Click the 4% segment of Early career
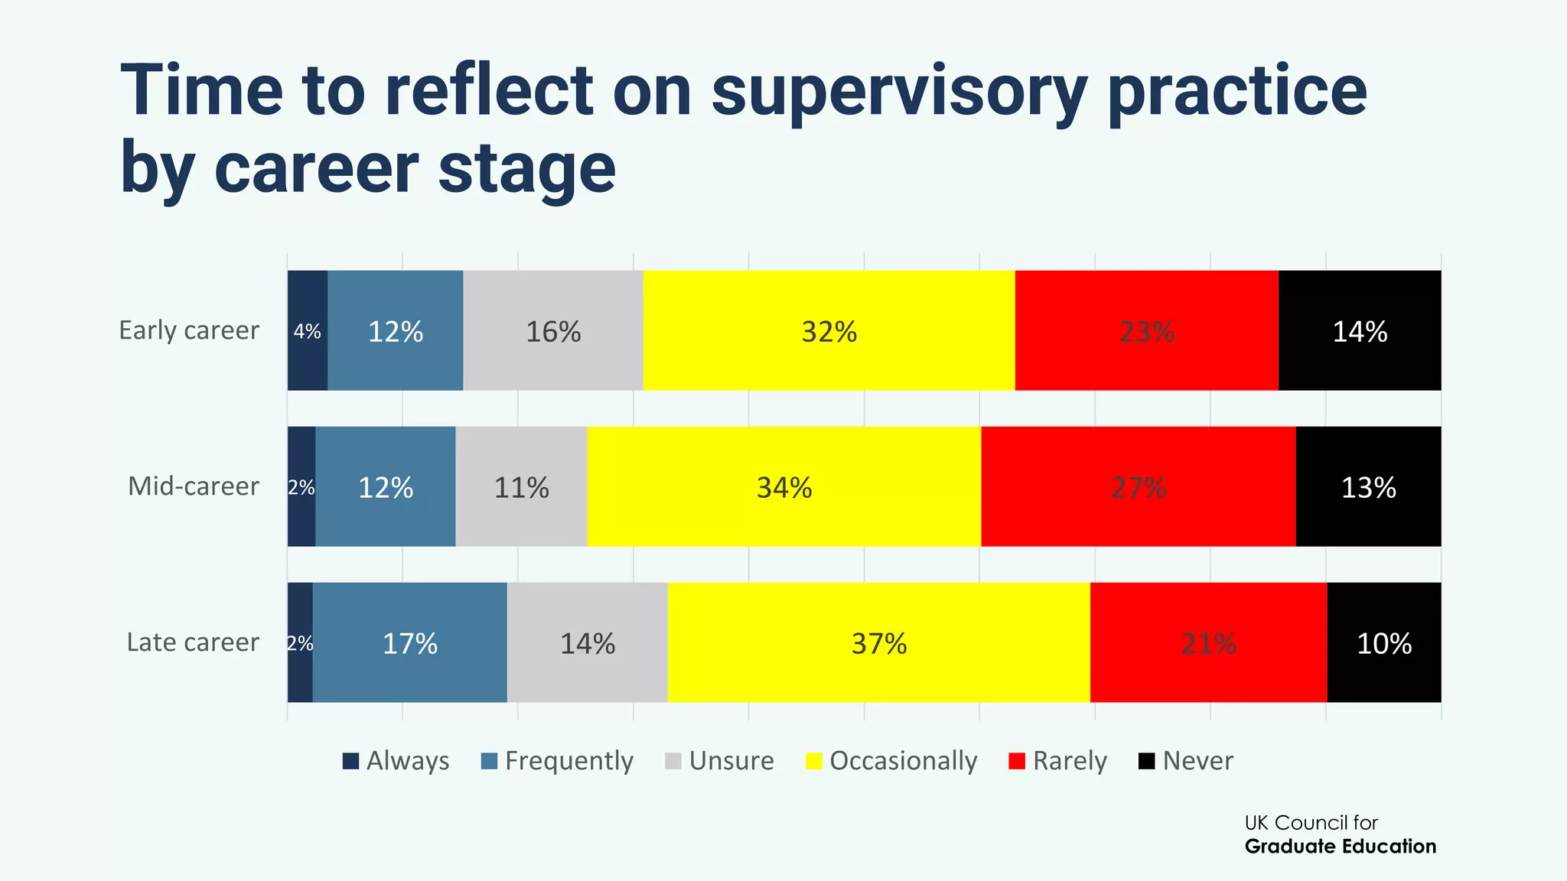click(x=307, y=330)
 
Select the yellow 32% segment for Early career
click(x=829, y=330)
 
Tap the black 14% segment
click(x=1360, y=330)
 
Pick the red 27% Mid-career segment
click(x=1139, y=486)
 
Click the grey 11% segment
click(x=521, y=486)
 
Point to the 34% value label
click(x=784, y=487)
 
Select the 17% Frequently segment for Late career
click(x=409, y=642)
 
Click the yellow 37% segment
click(x=878, y=642)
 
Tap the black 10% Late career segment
click(x=1383, y=642)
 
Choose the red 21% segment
click(x=1208, y=642)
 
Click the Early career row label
click(x=189, y=330)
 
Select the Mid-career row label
click(x=194, y=486)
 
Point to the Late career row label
click(x=193, y=642)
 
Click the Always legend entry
click(x=396, y=761)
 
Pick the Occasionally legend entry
click(x=892, y=761)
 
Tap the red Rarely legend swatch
click(x=1017, y=761)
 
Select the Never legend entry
click(x=1187, y=761)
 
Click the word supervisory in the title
click(x=898, y=92)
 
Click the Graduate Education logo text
click(x=1340, y=847)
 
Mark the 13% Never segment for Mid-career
click(x=1368, y=486)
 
